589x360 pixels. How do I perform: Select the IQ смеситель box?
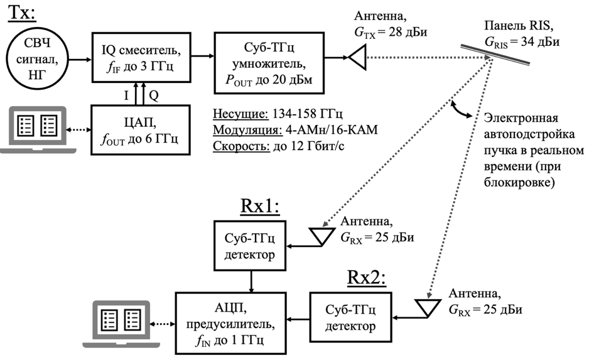click(x=141, y=57)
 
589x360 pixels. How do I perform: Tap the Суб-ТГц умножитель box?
click(x=269, y=63)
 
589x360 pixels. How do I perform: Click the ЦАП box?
click(x=141, y=130)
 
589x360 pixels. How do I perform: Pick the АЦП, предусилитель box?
click(x=231, y=323)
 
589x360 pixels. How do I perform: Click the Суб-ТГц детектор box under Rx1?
click(x=250, y=246)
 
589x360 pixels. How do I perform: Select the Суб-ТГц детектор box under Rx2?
click(x=350, y=317)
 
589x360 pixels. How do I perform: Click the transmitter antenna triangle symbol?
click(x=357, y=58)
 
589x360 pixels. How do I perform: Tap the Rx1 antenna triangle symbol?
click(x=322, y=236)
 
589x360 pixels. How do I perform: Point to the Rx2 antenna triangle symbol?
click(x=428, y=308)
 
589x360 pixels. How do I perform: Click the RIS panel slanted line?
click(x=495, y=55)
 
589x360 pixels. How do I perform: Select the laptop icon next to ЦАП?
click(x=38, y=129)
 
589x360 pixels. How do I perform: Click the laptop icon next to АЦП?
click(x=121, y=324)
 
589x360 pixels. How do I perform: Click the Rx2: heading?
click(x=366, y=278)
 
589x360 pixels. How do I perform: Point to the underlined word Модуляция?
click(x=247, y=130)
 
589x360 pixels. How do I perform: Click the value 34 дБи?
click(x=540, y=41)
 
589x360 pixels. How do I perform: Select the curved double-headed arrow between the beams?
click(x=461, y=109)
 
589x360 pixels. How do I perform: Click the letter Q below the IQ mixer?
click(x=154, y=95)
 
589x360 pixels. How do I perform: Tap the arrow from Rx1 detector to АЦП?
click(x=251, y=281)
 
